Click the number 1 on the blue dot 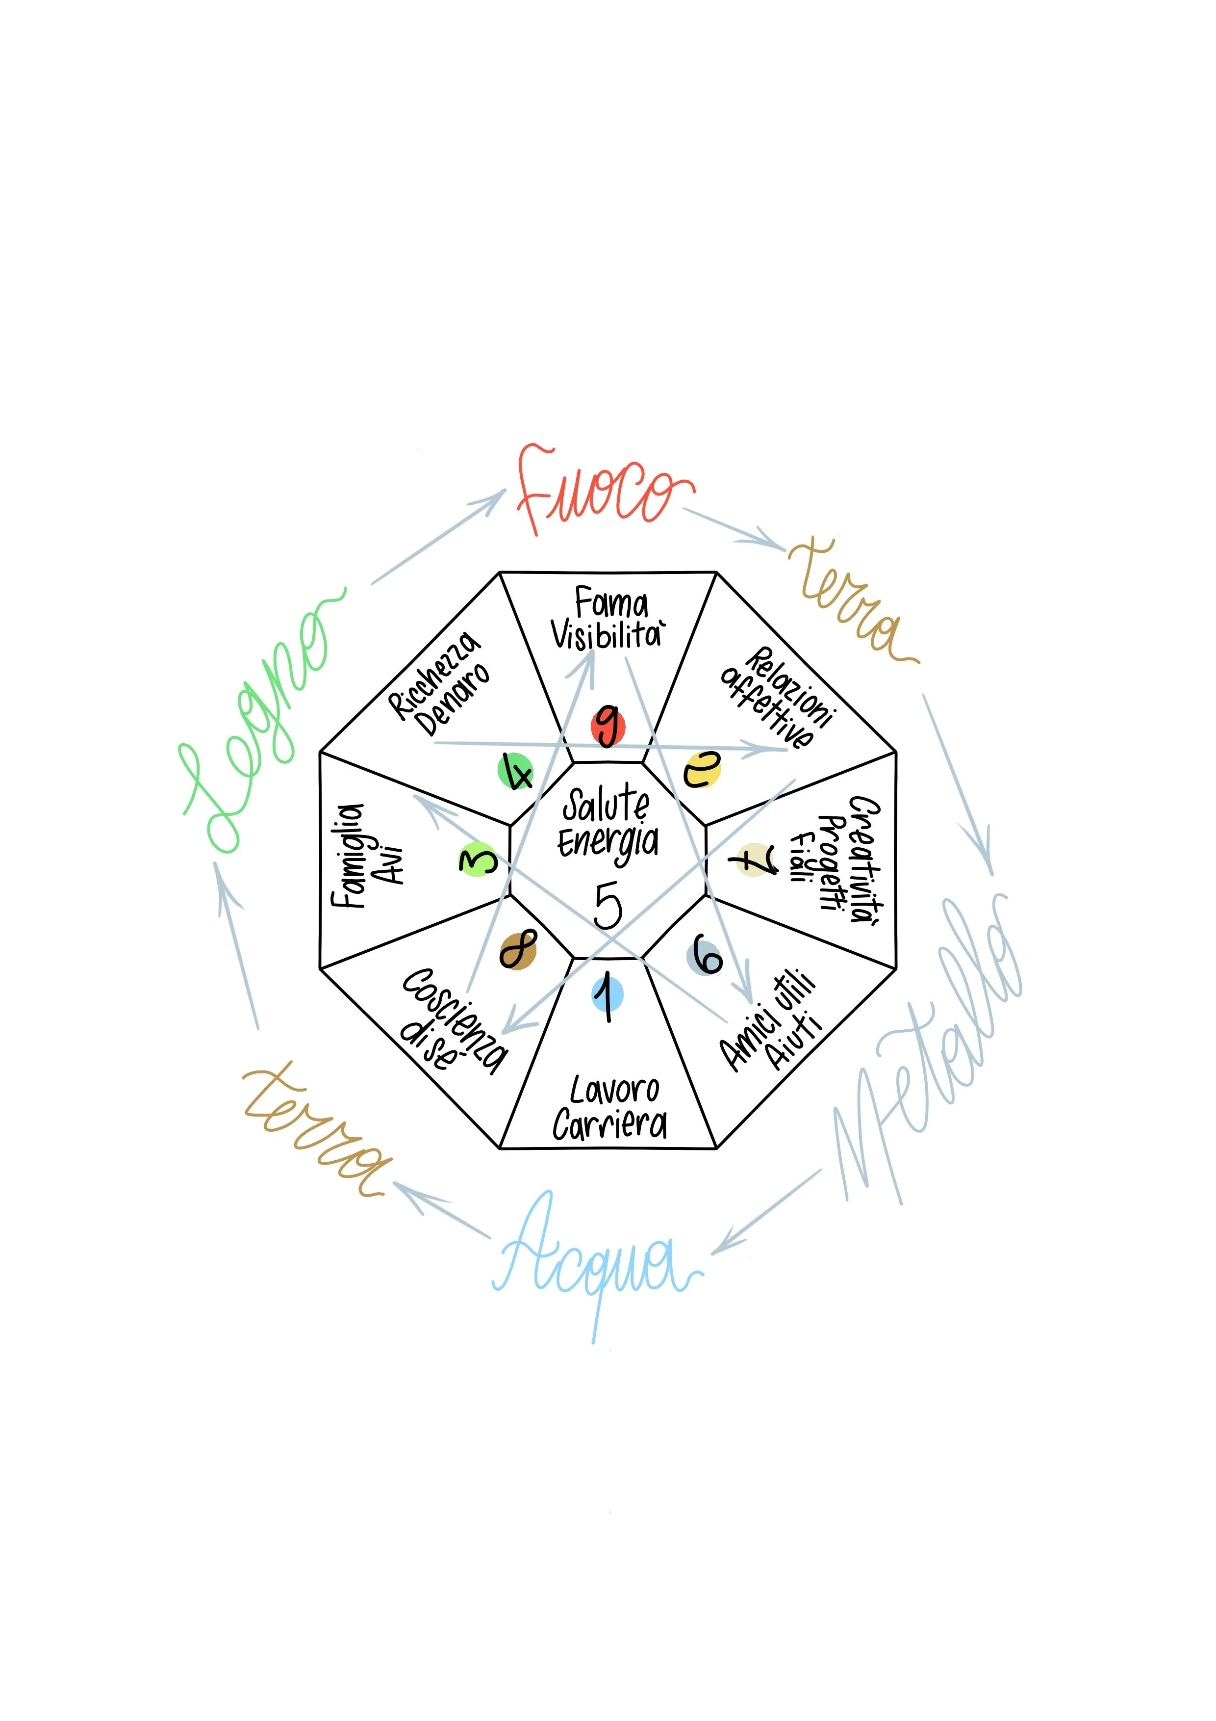(607, 997)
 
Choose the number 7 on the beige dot (755, 860)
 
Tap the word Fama (610, 603)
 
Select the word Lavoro (614, 1091)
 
